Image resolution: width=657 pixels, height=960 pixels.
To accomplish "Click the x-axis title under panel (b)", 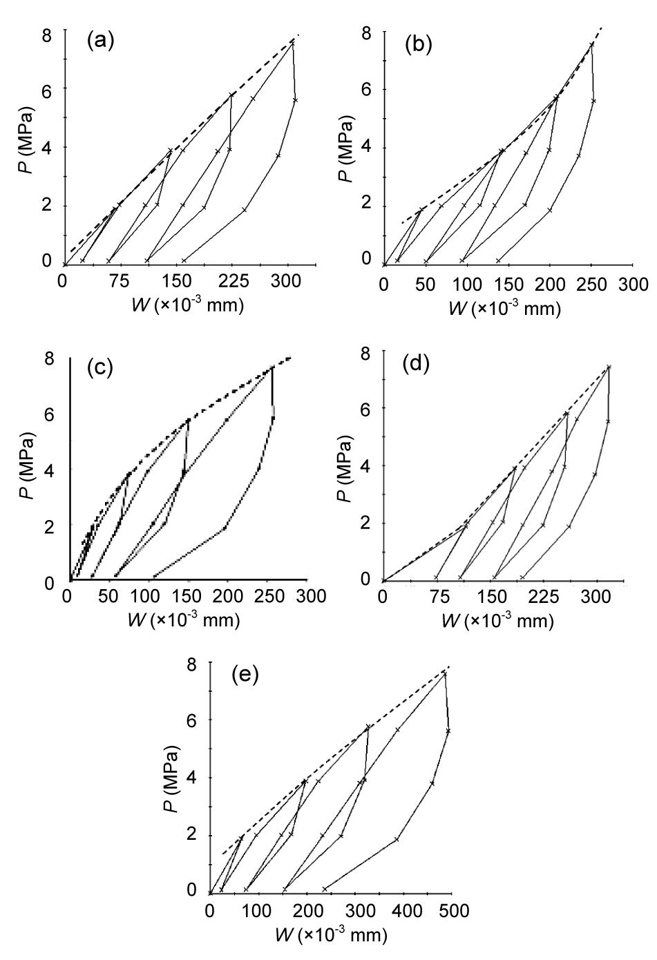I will [504, 308].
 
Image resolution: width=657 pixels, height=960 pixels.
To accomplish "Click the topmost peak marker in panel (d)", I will [609, 367].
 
